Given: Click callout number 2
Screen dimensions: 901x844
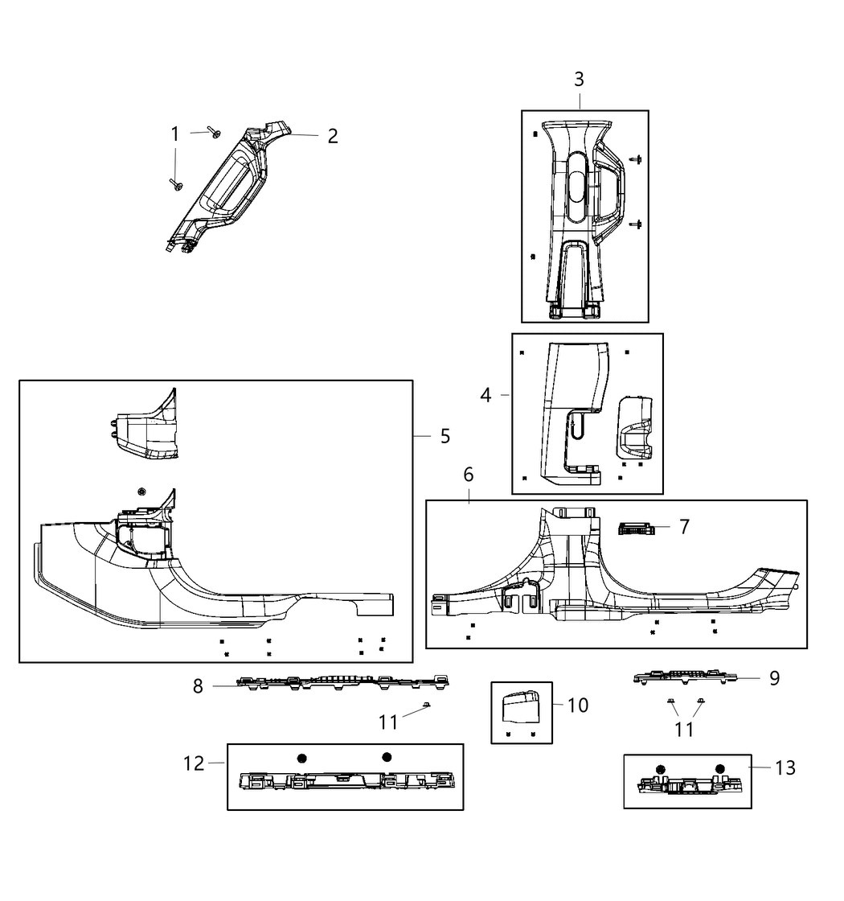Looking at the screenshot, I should [x=332, y=136].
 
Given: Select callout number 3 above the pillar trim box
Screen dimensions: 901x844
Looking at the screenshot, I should [x=579, y=80].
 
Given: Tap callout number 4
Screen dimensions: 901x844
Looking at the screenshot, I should [x=486, y=395].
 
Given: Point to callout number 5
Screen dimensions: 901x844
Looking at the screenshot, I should [x=445, y=436].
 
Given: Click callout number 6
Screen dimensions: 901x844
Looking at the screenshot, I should [x=469, y=475].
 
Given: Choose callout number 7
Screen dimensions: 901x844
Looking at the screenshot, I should [x=684, y=527].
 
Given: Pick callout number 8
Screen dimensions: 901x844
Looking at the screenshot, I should [x=198, y=686].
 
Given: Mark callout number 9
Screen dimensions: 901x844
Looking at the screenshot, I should [x=774, y=678].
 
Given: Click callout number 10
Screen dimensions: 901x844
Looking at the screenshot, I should [x=578, y=706].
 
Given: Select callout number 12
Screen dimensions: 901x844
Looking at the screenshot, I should [x=195, y=763].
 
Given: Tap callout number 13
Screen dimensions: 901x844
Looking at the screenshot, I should [x=785, y=767].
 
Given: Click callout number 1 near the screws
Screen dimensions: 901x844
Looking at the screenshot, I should [x=175, y=134].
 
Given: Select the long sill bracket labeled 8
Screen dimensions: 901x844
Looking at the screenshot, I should [x=342, y=682].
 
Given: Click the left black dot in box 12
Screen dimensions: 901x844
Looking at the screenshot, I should [x=302, y=758].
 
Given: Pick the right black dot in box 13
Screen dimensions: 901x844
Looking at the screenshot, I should [x=719, y=768].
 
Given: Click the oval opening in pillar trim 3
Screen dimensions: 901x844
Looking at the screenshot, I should [x=577, y=185].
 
